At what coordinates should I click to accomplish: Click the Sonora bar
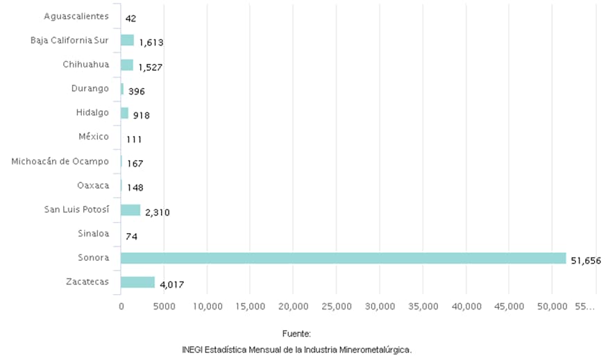tap(343, 258)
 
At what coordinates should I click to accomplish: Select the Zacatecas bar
tap(137, 282)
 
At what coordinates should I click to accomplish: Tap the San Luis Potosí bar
tap(130, 209)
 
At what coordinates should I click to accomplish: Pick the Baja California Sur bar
tap(127, 40)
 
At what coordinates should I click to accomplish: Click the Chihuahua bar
tap(127, 65)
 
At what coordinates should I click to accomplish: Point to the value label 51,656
tap(585, 261)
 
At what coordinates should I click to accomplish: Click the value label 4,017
tap(171, 285)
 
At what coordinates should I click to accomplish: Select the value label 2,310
tap(157, 212)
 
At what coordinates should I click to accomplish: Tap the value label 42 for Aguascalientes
tap(130, 19)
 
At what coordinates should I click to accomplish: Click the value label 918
tap(142, 115)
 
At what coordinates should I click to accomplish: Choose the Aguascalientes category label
tap(76, 16)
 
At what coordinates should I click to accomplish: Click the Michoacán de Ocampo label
tap(60, 162)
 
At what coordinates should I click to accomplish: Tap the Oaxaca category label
tap(93, 185)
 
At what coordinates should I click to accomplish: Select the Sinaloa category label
tap(94, 234)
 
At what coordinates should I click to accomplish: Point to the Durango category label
tap(90, 88)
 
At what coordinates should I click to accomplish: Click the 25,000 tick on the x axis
tap(337, 306)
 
